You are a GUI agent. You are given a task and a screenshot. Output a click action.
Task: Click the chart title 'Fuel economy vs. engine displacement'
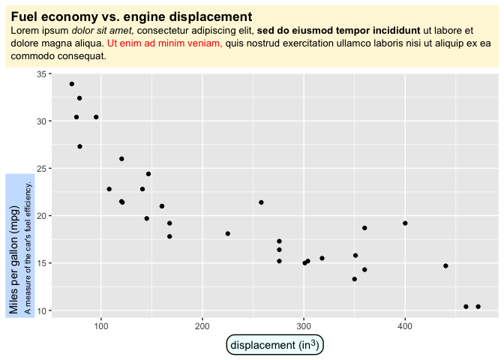(x=131, y=16)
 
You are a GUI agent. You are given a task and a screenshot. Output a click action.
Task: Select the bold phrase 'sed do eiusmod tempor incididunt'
(x=338, y=31)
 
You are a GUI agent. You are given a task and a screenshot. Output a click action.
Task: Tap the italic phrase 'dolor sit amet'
(x=102, y=31)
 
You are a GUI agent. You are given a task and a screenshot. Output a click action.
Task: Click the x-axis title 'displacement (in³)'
(x=274, y=345)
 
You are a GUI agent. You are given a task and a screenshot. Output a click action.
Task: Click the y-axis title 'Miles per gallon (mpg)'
(x=14, y=260)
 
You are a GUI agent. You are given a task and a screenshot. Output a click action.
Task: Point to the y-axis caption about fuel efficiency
(x=28, y=246)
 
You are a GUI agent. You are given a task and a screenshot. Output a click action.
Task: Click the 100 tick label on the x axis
(x=100, y=325)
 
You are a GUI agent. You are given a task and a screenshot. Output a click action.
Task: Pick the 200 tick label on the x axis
(x=202, y=325)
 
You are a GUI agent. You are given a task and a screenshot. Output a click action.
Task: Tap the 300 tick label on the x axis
(x=304, y=325)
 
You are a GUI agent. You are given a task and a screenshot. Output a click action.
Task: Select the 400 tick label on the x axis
(x=405, y=325)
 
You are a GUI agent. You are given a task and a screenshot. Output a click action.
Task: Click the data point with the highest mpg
(x=71, y=84)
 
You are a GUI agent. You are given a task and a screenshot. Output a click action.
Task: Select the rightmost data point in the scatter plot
(x=478, y=306)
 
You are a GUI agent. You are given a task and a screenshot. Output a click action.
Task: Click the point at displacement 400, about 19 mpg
(x=405, y=223)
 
